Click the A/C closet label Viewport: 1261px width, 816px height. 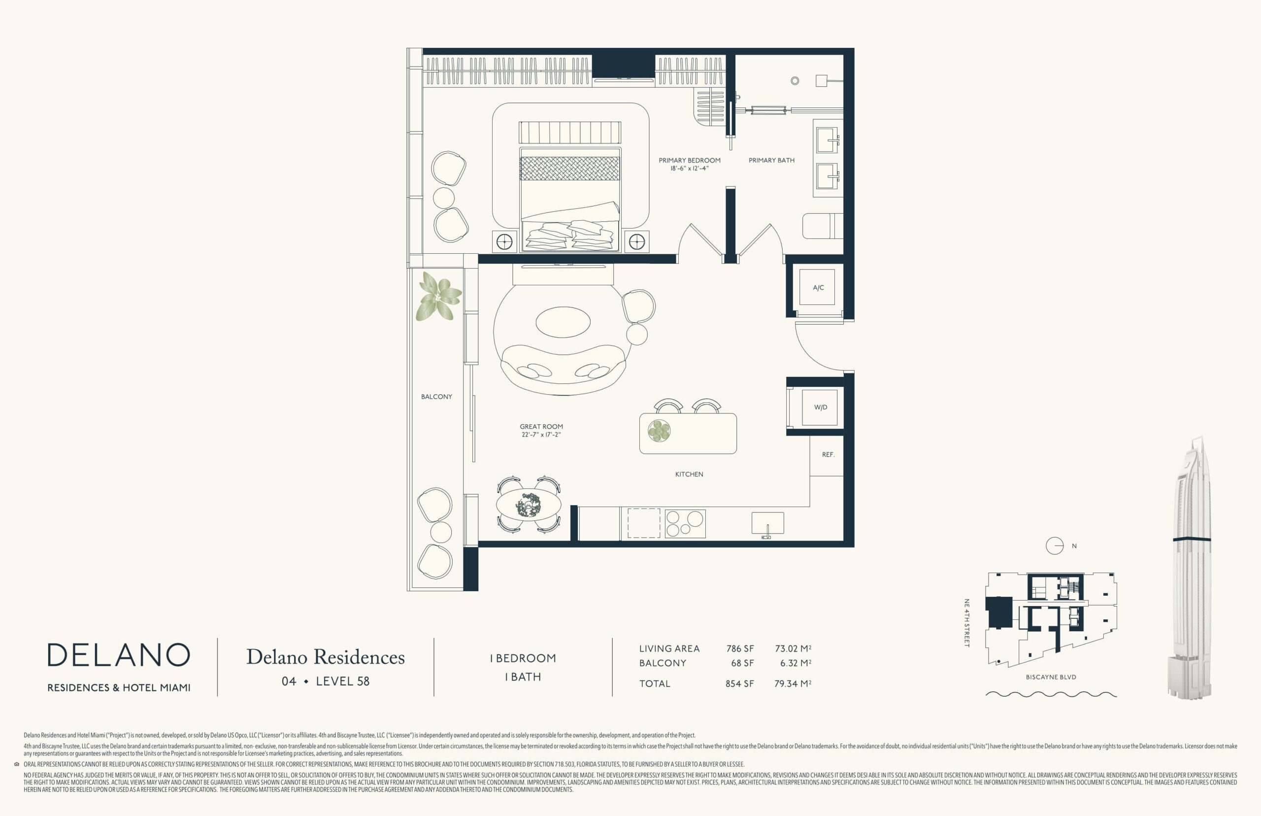point(818,288)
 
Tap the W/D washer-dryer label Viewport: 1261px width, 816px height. point(820,408)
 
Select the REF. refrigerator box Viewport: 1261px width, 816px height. point(827,455)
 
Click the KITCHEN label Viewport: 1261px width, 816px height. point(689,474)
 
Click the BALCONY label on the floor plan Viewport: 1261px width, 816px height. point(436,396)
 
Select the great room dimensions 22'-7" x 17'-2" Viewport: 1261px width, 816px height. point(541,435)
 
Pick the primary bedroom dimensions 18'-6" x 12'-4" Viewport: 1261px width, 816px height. point(690,169)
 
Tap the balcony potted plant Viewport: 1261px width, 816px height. point(438,297)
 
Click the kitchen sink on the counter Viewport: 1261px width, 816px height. point(767,523)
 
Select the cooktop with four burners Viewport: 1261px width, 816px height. point(685,523)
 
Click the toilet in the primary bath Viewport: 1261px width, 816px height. point(823,226)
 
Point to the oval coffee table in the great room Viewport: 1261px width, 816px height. point(563,322)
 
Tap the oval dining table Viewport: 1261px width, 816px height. point(529,505)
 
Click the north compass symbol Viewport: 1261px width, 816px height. point(1055,546)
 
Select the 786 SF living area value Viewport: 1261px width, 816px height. point(740,648)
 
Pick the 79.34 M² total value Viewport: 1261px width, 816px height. point(793,683)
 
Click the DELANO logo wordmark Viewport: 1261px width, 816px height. point(119,655)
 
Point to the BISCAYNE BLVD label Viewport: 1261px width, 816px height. point(1051,677)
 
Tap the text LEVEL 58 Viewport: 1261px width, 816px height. point(343,681)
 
